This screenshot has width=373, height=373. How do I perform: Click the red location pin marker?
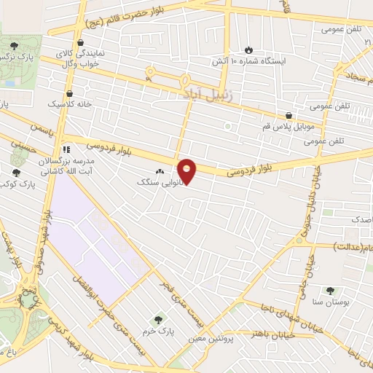(187, 171)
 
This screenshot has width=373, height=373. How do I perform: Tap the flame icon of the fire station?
(249, 49)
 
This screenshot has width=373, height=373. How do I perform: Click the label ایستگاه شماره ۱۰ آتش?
(249, 61)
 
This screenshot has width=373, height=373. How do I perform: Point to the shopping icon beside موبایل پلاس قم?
(289, 115)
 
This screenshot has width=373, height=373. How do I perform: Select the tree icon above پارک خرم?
(158, 320)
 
